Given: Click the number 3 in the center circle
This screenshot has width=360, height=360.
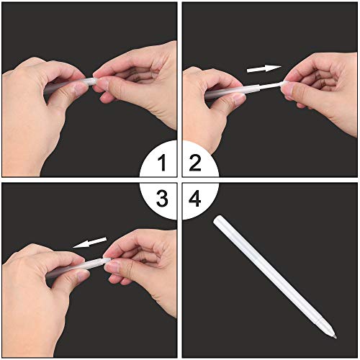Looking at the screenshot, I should [165, 195].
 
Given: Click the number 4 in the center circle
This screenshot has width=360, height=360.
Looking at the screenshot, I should [195, 195].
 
